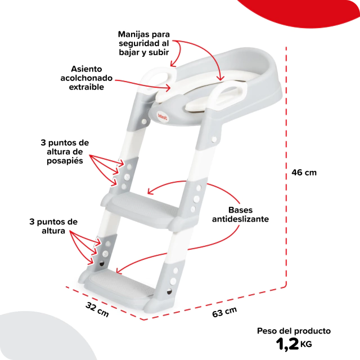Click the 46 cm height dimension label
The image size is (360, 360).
pos(304,173)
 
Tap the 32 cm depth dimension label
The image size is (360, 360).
pos(97,309)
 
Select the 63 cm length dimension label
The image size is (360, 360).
pos(224,312)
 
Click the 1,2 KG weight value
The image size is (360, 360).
pos(294,344)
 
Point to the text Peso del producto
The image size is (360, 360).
pos(294,331)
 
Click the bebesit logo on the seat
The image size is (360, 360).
pos(163,117)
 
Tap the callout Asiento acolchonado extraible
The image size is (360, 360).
pos(86,78)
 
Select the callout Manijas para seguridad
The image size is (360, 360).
pos(144,43)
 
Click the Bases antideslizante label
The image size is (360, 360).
pos(240,214)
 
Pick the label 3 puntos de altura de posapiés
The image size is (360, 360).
pos(65,151)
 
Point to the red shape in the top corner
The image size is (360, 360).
pos(299,11)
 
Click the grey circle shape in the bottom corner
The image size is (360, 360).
pos(41,337)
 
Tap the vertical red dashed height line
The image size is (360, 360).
pos(286,166)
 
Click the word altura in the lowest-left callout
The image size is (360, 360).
pos(53,231)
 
